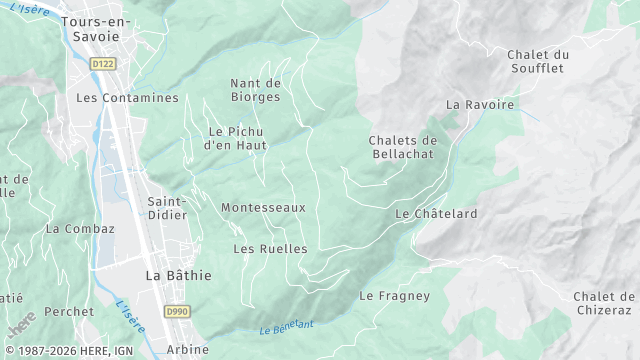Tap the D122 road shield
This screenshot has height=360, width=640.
coord(103,63)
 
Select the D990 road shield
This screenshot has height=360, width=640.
coord(177,312)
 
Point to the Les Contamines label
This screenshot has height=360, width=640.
coord(127,98)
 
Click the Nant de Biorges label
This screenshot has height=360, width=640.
coord(255,90)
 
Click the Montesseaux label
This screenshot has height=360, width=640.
coord(263,207)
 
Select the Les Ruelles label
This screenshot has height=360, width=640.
coord(270,248)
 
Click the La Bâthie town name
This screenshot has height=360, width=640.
coord(178,275)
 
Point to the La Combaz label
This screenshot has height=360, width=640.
coord(80,228)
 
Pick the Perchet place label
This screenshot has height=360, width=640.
coord(69,312)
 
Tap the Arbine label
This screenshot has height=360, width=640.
coord(187,349)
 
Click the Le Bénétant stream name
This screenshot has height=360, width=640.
coord(286,326)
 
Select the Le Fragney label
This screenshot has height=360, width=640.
coord(394,296)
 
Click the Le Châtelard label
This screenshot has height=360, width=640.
coord(436,214)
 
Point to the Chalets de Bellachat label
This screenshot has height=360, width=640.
coord(403,147)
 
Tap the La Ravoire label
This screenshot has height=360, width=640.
coord(480,104)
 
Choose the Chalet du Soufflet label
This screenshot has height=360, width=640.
coord(537,61)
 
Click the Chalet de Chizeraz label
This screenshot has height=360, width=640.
coord(604,303)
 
